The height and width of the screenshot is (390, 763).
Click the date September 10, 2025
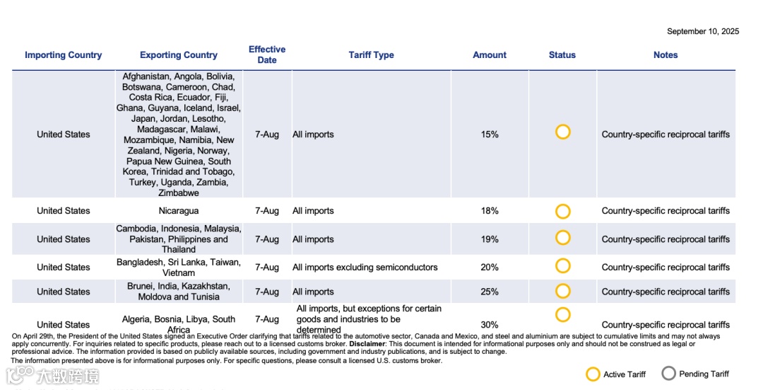pos(702,31)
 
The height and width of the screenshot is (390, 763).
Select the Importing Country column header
pos(64,55)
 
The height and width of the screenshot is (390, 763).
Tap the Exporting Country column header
pos(179,55)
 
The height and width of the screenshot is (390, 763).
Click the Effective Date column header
pos(267,55)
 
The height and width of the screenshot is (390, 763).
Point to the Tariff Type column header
pos(371,55)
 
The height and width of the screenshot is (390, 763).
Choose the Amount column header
pos(490,55)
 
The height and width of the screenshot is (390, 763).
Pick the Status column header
pos(562,55)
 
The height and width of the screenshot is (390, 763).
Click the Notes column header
pos(666,55)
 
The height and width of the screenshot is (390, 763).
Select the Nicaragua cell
pos(179,211)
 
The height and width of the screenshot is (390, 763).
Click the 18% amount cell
pos(490,211)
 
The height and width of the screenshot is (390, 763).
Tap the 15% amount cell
pos(490,134)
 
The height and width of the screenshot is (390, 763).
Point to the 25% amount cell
pos(490,292)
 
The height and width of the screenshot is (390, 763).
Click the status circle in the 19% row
pos(563,238)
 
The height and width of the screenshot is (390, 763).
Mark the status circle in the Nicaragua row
pos(563,211)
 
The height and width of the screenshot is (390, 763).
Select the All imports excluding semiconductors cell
pos(365,268)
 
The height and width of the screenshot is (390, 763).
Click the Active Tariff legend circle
pos(593,374)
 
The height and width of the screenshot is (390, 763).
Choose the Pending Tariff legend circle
pos(668,374)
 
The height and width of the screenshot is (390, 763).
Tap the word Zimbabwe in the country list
pos(179,193)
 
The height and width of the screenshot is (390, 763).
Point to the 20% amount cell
pos(490,268)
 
